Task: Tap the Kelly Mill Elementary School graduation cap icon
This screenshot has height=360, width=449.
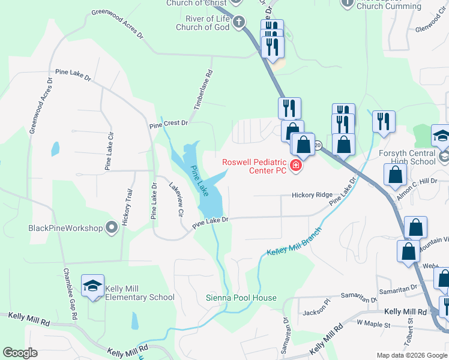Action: [x=93, y=287]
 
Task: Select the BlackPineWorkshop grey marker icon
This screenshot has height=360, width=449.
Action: [x=111, y=227]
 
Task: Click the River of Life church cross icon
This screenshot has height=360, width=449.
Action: [x=238, y=23]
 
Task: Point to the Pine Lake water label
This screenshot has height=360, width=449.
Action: [x=200, y=181]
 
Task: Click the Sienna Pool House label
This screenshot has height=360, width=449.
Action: [x=241, y=298]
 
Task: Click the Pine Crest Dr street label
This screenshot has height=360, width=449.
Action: [x=169, y=123]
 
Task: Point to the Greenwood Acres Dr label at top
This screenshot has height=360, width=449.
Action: [x=118, y=23]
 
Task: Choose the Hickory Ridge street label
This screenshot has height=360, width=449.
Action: [x=312, y=195]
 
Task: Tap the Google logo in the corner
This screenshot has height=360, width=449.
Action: [x=20, y=352]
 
